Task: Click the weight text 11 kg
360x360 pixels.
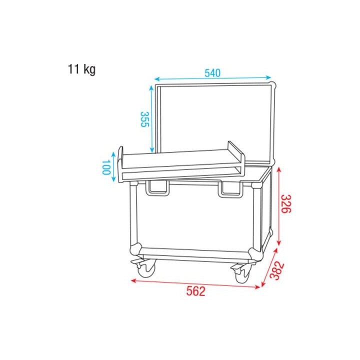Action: [x=81, y=69]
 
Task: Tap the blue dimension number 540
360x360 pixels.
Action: [x=212, y=73]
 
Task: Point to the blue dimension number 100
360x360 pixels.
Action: [x=105, y=167]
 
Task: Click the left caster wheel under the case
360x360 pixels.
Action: [x=146, y=270]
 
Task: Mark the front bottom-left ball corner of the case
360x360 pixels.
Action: [x=135, y=249]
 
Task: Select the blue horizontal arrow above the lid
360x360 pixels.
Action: [x=212, y=79]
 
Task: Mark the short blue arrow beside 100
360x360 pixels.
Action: [x=114, y=167]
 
